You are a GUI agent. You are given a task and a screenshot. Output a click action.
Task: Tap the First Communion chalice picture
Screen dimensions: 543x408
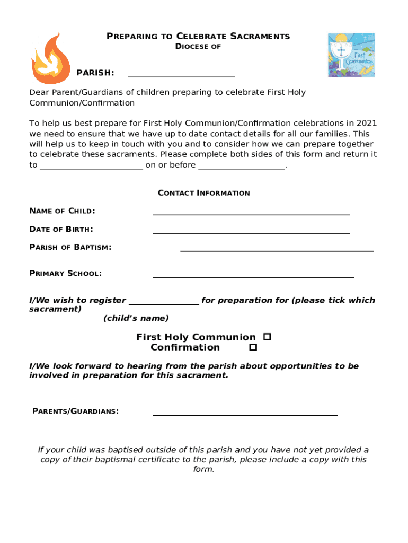tap(351, 55)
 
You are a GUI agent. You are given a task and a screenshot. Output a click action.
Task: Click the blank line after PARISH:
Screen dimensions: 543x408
tap(181, 76)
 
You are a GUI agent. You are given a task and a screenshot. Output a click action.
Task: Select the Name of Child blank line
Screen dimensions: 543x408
tap(251, 213)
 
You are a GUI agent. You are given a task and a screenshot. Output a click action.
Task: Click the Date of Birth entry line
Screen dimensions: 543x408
tap(251, 232)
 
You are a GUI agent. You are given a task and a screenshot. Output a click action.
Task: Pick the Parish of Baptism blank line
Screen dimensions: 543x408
tap(277, 249)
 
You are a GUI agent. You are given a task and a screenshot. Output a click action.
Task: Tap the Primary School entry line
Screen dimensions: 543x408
tap(253, 276)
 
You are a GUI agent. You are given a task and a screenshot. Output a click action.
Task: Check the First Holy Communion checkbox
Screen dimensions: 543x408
tap(267, 337)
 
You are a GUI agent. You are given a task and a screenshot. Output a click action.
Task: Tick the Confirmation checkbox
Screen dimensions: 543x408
tap(253, 347)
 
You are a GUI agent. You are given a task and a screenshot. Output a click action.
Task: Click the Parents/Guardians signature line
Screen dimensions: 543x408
tap(245, 414)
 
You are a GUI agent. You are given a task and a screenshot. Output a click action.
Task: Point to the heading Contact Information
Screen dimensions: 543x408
tap(204, 193)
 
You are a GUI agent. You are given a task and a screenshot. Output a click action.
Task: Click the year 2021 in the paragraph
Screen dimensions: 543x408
tap(367, 124)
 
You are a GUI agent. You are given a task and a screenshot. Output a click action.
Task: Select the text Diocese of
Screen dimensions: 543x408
tap(198, 47)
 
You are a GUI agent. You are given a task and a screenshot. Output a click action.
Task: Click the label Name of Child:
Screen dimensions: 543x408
tap(62, 211)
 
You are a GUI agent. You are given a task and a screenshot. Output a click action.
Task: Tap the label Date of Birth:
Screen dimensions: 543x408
tap(61, 229)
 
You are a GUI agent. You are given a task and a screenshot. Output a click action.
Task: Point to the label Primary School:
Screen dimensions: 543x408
tap(65, 273)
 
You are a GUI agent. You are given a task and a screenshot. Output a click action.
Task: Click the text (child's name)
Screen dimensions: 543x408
tap(136, 318)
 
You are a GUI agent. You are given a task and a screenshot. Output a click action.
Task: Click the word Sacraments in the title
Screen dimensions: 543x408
tap(260, 37)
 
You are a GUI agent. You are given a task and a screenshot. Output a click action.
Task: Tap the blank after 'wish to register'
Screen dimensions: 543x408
tap(164, 302)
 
